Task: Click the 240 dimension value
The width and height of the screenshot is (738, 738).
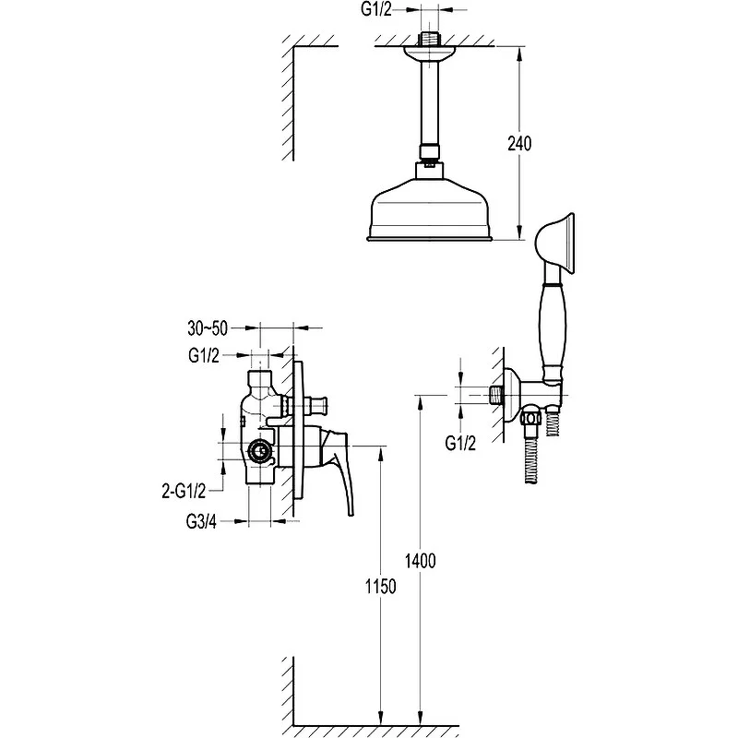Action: click(519, 144)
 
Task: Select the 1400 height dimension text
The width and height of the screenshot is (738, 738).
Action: click(421, 561)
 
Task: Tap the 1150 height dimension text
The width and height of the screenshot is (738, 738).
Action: click(381, 587)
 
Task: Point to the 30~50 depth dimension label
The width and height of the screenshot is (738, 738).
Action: click(208, 328)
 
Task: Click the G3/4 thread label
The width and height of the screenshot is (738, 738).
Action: click(201, 521)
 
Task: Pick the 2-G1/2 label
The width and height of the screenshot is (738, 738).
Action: click(184, 492)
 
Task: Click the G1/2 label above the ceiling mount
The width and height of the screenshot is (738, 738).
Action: click(376, 9)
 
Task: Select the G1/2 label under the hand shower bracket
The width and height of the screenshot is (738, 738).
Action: click(460, 443)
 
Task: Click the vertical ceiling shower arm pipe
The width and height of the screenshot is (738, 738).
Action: click(429, 103)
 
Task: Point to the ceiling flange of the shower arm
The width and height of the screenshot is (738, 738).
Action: click(429, 54)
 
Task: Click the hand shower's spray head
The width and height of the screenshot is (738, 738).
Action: click(555, 244)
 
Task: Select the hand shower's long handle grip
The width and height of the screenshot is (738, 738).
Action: click(552, 330)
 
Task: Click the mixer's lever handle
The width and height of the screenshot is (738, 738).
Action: click(336, 470)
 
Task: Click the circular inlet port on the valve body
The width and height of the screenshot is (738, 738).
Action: click(260, 451)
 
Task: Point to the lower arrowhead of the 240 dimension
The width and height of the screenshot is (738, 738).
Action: click(519, 233)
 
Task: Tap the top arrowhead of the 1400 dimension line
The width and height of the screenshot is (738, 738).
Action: click(421, 402)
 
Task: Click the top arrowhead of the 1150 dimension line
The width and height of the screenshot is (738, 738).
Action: click(381, 453)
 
